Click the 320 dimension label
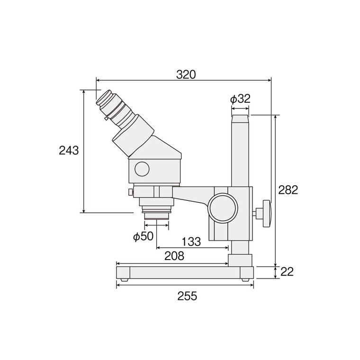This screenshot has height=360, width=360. coord(186,74)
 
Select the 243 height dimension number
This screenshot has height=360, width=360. coord(69,151)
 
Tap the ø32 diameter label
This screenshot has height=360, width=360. coord(240,99)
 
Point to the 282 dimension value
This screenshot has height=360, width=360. coord(288,189)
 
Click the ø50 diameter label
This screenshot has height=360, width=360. coord(144,236)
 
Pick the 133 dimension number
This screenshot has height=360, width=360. coord(191,242)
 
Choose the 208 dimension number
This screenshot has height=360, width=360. coord(174,256)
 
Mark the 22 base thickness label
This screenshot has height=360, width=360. coord(288,272)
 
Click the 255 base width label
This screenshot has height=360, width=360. coord(187,297)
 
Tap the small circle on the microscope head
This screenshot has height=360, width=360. coord(142,168)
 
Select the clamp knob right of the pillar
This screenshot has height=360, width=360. coord(266,213)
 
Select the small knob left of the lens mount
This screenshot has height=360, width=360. coord(130,192)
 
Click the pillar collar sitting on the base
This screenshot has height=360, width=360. coord(240,260)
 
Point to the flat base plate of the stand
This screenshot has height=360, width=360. coord(185,272)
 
